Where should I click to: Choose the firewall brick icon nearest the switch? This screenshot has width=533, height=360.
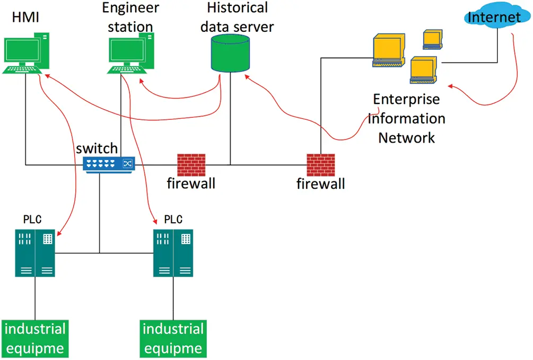(x=191, y=164)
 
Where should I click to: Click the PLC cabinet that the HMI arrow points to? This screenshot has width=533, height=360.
(x=35, y=253)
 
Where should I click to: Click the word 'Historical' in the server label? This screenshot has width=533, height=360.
(x=237, y=8)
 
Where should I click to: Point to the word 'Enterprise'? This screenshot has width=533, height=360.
(x=406, y=99)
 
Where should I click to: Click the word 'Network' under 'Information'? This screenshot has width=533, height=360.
(x=406, y=137)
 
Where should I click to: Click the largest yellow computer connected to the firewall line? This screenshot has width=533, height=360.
(x=388, y=51)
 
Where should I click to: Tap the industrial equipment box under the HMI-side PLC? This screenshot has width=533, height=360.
(x=35, y=338)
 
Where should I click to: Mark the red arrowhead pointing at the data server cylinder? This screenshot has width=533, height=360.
(x=247, y=76)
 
